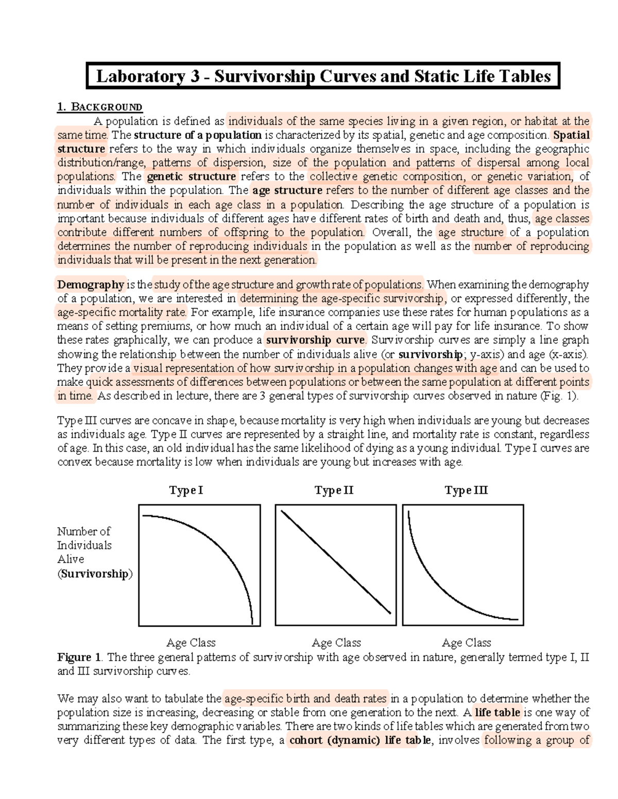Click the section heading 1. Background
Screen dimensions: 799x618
click(x=99, y=107)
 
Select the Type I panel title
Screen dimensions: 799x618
click(x=186, y=490)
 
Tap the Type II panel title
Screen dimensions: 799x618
click(x=334, y=490)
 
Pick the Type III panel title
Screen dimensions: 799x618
click(x=466, y=490)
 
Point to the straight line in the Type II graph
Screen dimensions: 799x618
click(x=336, y=562)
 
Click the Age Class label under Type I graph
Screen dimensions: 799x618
click(x=191, y=643)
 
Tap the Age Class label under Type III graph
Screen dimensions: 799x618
click(x=466, y=643)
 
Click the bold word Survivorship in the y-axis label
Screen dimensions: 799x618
click(x=95, y=574)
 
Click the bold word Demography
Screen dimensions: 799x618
click(x=90, y=285)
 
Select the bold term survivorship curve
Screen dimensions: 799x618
click(x=315, y=340)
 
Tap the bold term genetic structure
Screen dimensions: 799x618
click(x=191, y=176)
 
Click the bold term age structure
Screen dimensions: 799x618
click(x=287, y=190)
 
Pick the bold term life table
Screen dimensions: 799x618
click(x=497, y=713)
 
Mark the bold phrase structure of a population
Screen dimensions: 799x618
click(x=197, y=135)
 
